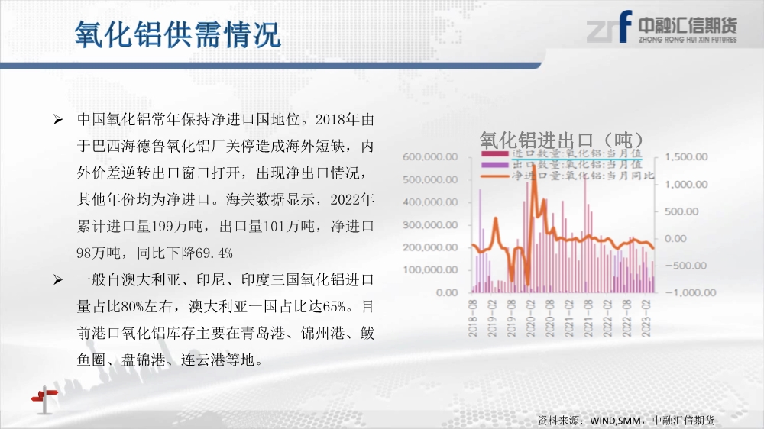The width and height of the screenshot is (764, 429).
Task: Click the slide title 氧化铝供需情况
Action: click(178, 34)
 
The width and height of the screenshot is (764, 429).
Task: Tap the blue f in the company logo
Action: click(625, 26)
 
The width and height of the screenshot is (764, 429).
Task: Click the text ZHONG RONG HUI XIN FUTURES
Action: click(688, 40)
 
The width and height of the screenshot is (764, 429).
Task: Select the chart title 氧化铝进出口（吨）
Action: click(562, 140)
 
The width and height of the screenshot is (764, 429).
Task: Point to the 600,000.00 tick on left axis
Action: click(430, 156)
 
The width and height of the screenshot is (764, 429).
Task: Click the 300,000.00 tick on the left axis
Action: click(430, 225)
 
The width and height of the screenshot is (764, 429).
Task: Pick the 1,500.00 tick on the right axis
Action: click(686, 156)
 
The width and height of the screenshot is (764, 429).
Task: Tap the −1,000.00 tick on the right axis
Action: click(691, 292)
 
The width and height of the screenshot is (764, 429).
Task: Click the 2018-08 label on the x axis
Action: click(473, 318)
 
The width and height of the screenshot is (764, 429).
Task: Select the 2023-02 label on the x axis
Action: click(646, 318)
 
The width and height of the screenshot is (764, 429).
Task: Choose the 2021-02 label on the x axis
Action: click(569, 318)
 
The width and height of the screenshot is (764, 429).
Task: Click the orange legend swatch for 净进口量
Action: click(495, 176)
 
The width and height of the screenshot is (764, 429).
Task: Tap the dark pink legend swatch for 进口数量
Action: click(495, 154)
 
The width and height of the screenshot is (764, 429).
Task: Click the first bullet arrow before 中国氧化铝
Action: click(58, 119)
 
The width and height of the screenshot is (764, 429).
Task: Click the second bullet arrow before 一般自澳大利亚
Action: click(58, 280)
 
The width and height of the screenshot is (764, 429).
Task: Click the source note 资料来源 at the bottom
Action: click(626, 420)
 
